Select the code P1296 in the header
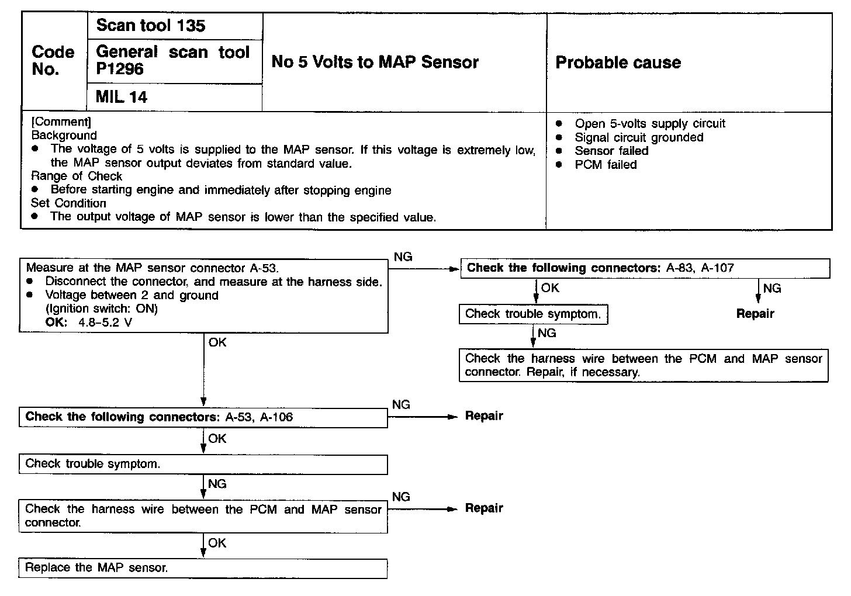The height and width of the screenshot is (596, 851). [x=120, y=69]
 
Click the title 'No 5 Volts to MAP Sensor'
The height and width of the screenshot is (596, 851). [x=375, y=63]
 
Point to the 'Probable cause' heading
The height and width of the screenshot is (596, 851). [x=618, y=63]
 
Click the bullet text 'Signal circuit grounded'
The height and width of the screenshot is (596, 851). [x=639, y=137]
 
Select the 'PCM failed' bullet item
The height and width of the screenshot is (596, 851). [x=606, y=165]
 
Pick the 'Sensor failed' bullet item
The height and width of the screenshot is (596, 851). [x=611, y=151]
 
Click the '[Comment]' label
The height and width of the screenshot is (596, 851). [x=61, y=122]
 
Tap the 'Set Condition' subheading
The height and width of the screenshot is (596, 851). [x=68, y=203]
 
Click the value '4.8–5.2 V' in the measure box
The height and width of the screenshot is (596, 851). [x=105, y=322]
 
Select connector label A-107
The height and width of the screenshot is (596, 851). [x=717, y=268]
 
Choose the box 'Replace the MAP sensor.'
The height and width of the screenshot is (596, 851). [x=203, y=568]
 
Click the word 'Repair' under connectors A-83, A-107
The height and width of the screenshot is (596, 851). [x=755, y=314]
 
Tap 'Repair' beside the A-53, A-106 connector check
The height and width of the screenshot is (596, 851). [x=484, y=416]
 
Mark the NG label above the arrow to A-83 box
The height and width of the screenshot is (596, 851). [x=403, y=257]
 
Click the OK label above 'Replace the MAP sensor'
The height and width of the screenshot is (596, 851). [x=217, y=543]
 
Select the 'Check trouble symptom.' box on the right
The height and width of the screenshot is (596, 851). [x=533, y=314]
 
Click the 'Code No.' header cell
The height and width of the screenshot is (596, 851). [x=53, y=61]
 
